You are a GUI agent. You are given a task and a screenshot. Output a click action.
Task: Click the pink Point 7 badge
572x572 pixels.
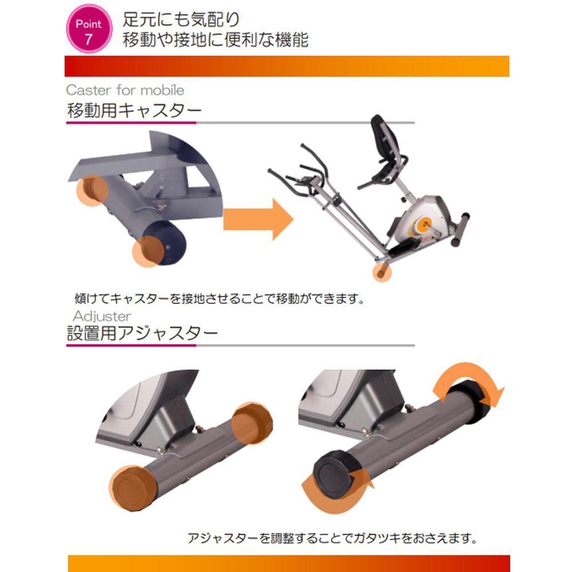[x=89, y=29]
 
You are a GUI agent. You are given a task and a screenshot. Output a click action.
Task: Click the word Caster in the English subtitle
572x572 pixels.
[x=88, y=90]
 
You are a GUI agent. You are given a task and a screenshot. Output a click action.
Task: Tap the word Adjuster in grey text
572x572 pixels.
[x=102, y=316]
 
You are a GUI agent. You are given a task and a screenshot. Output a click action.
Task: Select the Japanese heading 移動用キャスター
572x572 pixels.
[x=134, y=110]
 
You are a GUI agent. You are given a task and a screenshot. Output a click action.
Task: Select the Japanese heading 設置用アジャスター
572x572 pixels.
[x=142, y=333]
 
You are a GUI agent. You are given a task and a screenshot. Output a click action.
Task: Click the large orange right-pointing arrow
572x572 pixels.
[x=259, y=219]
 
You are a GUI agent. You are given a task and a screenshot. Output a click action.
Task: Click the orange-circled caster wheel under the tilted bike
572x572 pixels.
[x=382, y=272]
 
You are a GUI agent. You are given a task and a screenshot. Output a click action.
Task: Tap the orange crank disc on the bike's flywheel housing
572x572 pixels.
[x=424, y=223]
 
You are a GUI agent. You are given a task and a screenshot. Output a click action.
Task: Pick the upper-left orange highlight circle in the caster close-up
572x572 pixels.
[x=92, y=190]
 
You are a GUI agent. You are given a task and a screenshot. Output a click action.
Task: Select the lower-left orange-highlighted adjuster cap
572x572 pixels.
[x=133, y=488]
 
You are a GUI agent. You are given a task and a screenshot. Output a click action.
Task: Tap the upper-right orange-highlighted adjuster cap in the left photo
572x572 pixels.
[x=252, y=423]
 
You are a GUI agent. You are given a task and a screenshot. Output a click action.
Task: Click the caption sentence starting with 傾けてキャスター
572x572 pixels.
[x=220, y=299]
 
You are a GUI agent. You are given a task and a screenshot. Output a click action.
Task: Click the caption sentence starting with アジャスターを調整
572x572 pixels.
[x=332, y=538]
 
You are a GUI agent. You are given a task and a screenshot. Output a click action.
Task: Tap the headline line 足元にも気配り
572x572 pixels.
[x=181, y=19]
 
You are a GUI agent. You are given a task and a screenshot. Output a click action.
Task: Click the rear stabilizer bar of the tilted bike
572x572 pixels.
[x=460, y=230]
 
